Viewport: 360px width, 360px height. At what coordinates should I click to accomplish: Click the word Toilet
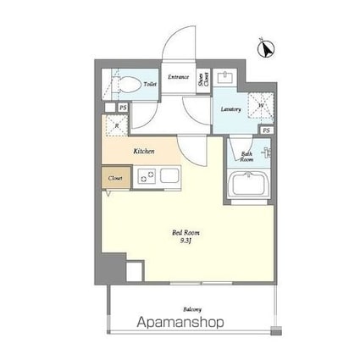pyautogui.click(x=150, y=85)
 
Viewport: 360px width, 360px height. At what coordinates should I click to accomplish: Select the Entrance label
pyautogui.click(x=178, y=78)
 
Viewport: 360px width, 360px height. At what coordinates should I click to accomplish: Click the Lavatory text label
pyautogui.click(x=230, y=110)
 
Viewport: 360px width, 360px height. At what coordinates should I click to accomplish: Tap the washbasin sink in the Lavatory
pyautogui.click(x=227, y=80)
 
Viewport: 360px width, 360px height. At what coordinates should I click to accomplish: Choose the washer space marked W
pyautogui.click(x=261, y=106)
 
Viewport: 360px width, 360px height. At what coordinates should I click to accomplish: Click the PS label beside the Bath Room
pyautogui.click(x=266, y=130)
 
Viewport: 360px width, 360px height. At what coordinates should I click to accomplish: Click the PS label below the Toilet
pyautogui.click(x=122, y=108)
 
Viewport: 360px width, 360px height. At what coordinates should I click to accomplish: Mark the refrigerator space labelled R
pyautogui.click(x=116, y=125)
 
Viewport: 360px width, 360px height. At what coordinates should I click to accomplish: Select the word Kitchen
pyautogui.click(x=144, y=152)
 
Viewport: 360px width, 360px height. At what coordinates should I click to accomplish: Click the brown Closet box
pyautogui.click(x=116, y=179)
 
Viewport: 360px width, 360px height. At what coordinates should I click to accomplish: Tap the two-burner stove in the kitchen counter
pyautogui.click(x=147, y=177)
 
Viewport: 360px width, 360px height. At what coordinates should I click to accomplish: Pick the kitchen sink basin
pyautogui.click(x=169, y=177)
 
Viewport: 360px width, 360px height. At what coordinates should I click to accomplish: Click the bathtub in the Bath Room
pyautogui.click(x=248, y=186)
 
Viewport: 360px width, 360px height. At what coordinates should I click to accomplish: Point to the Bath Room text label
pyautogui.click(x=246, y=157)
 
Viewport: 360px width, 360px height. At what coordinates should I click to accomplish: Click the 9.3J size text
pyautogui.click(x=186, y=240)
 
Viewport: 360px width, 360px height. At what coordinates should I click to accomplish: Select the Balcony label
pyautogui.click(x=191, y=309)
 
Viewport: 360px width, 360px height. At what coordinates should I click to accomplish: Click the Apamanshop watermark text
pyautogui.click(x=180, y=323)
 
